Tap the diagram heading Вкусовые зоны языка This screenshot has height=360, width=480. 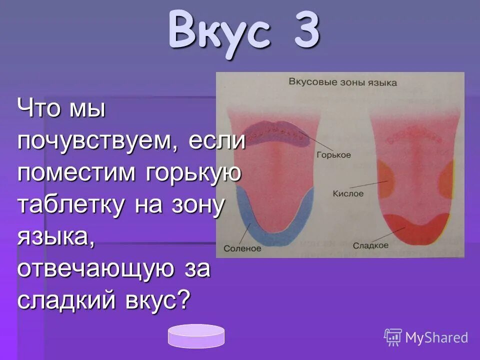343,82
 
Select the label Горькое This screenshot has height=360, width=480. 333,155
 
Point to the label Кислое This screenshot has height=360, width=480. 348,193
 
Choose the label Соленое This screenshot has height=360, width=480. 242,248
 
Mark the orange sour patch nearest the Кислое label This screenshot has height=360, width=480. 385,177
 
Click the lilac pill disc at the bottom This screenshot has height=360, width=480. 196,336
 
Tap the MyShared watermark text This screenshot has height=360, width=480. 436,337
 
